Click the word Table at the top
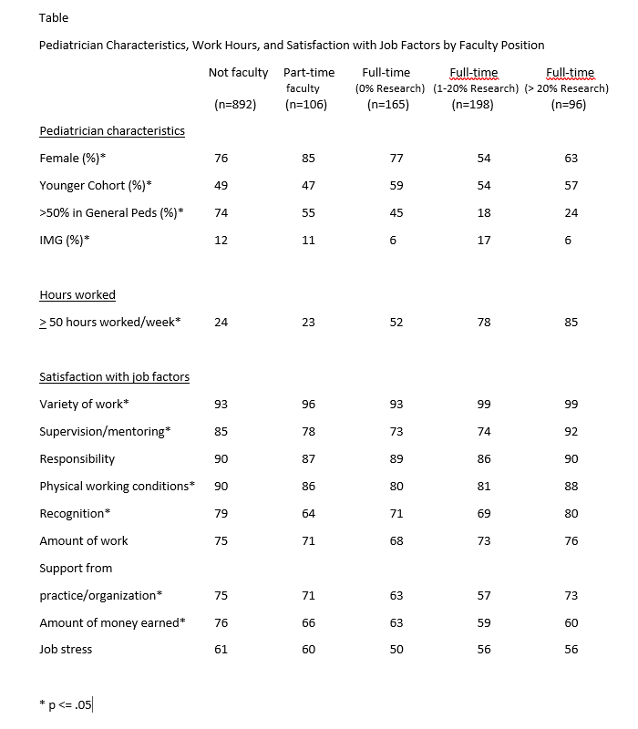54,18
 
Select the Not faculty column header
238,73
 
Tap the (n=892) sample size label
235,105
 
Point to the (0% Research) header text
389,88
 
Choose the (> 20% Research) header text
567,88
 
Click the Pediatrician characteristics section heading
112,130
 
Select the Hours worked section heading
77,294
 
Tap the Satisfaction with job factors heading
114,376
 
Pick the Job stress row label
66,650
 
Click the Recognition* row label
75,513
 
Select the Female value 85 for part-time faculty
308,158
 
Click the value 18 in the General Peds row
484,212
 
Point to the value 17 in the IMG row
484,240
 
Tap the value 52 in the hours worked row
396,322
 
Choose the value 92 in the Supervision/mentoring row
571,431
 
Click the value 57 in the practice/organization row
484,595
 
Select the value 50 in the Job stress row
396,650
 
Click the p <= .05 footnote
69,703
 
